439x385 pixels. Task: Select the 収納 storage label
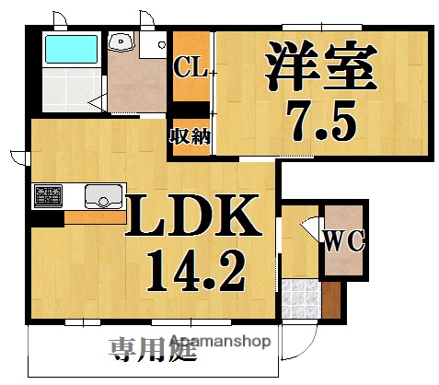tap(190, 138)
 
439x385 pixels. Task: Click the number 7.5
tap(321, 119)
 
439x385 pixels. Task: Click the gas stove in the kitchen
tap(48, 196)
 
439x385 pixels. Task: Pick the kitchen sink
tap(102, 196)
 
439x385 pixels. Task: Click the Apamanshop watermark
tap(217, 342)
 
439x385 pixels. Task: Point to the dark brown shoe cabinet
tap(331, 297)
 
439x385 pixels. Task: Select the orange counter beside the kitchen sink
tap(95, 217)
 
